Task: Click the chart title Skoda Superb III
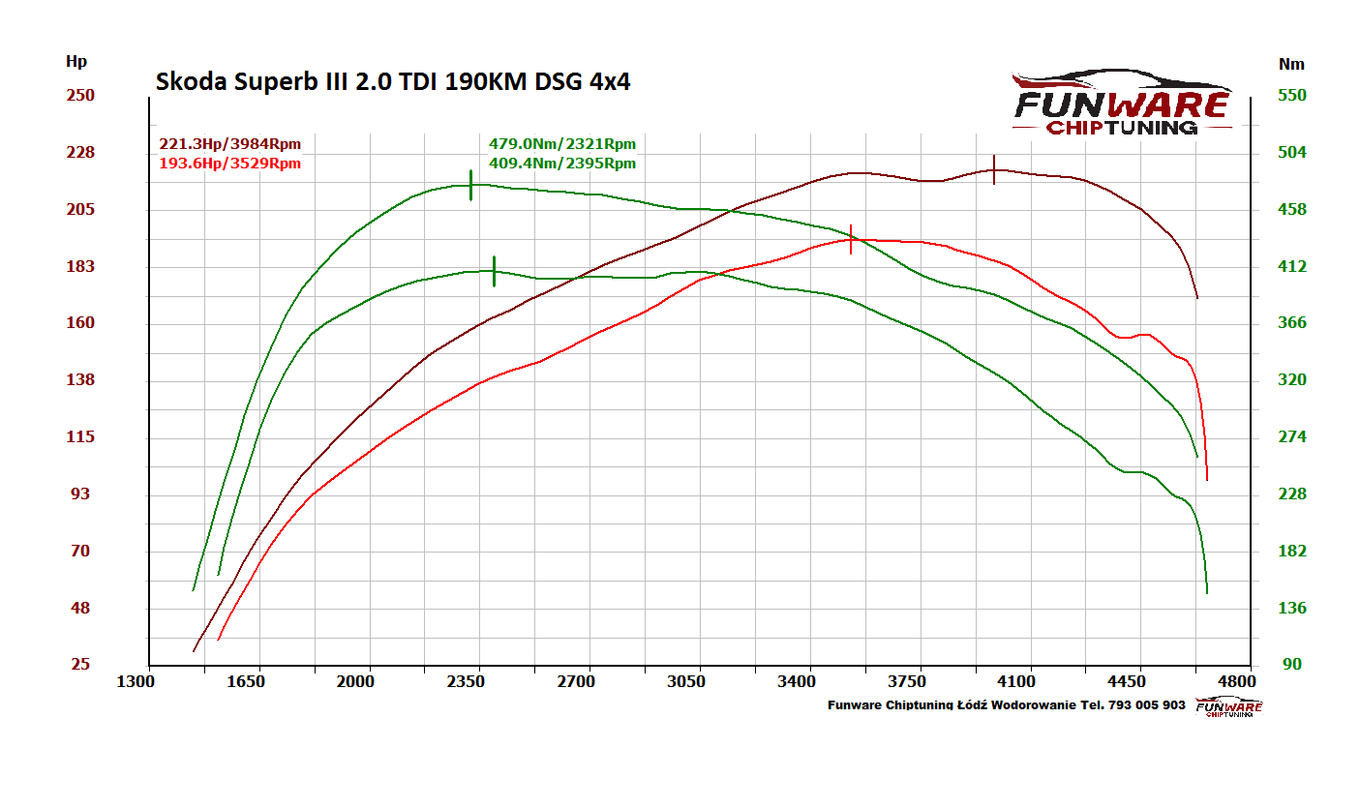point(393,82)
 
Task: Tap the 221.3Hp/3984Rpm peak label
point(230,144)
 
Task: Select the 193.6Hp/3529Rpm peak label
point(230,164)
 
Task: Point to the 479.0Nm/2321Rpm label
point(562,144)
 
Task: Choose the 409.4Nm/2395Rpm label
point(562,164)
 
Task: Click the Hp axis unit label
point(76,62)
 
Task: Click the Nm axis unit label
point(1291,64)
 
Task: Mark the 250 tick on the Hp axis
point(79,95)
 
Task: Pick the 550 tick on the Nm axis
point(1292,95)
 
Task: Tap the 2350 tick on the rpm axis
point(466,681)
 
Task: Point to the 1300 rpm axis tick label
point(136,681)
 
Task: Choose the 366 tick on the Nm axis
point(1292,323)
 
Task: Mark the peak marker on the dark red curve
point(994,169)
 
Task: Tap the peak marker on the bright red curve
point(851,239)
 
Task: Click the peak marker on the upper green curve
point(470,185)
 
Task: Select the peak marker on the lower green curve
point(494,271)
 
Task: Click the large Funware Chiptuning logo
point(1122,103)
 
